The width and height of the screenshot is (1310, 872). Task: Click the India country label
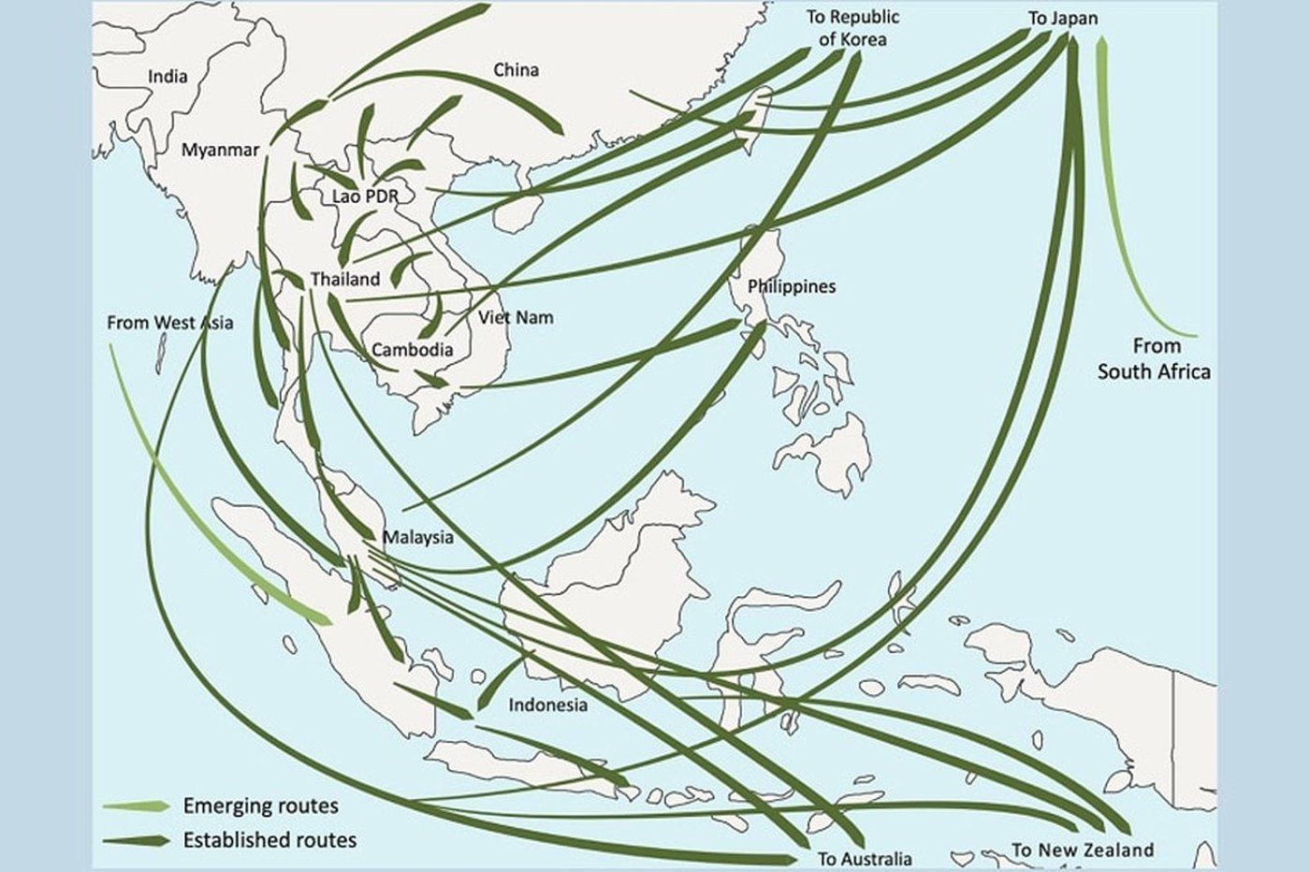point(167,77)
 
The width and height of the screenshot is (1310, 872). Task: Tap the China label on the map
point(516,70)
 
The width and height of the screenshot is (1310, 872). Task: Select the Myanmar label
point(220,150)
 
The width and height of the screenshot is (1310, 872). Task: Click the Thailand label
point(345,279)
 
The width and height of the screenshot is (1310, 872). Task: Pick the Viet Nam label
point(516,317)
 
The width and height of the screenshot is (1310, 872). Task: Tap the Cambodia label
point(413,350)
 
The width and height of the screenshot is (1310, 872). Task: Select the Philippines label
point(791,286)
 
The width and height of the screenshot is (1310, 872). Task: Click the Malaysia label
point(417,537)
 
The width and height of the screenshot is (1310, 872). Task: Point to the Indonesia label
point(547,705)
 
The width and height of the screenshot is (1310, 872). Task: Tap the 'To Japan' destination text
point(1063,18)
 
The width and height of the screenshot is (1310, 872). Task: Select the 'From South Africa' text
point(1153,358)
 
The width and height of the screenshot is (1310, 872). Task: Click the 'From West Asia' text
point(169,323)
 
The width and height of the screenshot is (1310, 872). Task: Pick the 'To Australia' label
point(864,858)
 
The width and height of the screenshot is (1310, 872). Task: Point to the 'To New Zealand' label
point(1082,850)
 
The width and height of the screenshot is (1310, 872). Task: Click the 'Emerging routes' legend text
point(261,806)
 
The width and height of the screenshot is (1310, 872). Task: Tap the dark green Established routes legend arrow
point(137,839)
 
